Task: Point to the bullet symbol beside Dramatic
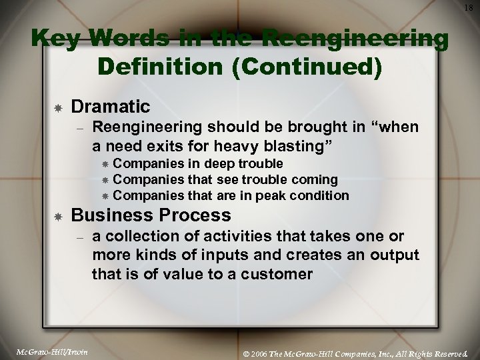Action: pos(59,107)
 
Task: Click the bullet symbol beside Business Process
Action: pos(59,216)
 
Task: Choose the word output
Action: pos(395,256)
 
